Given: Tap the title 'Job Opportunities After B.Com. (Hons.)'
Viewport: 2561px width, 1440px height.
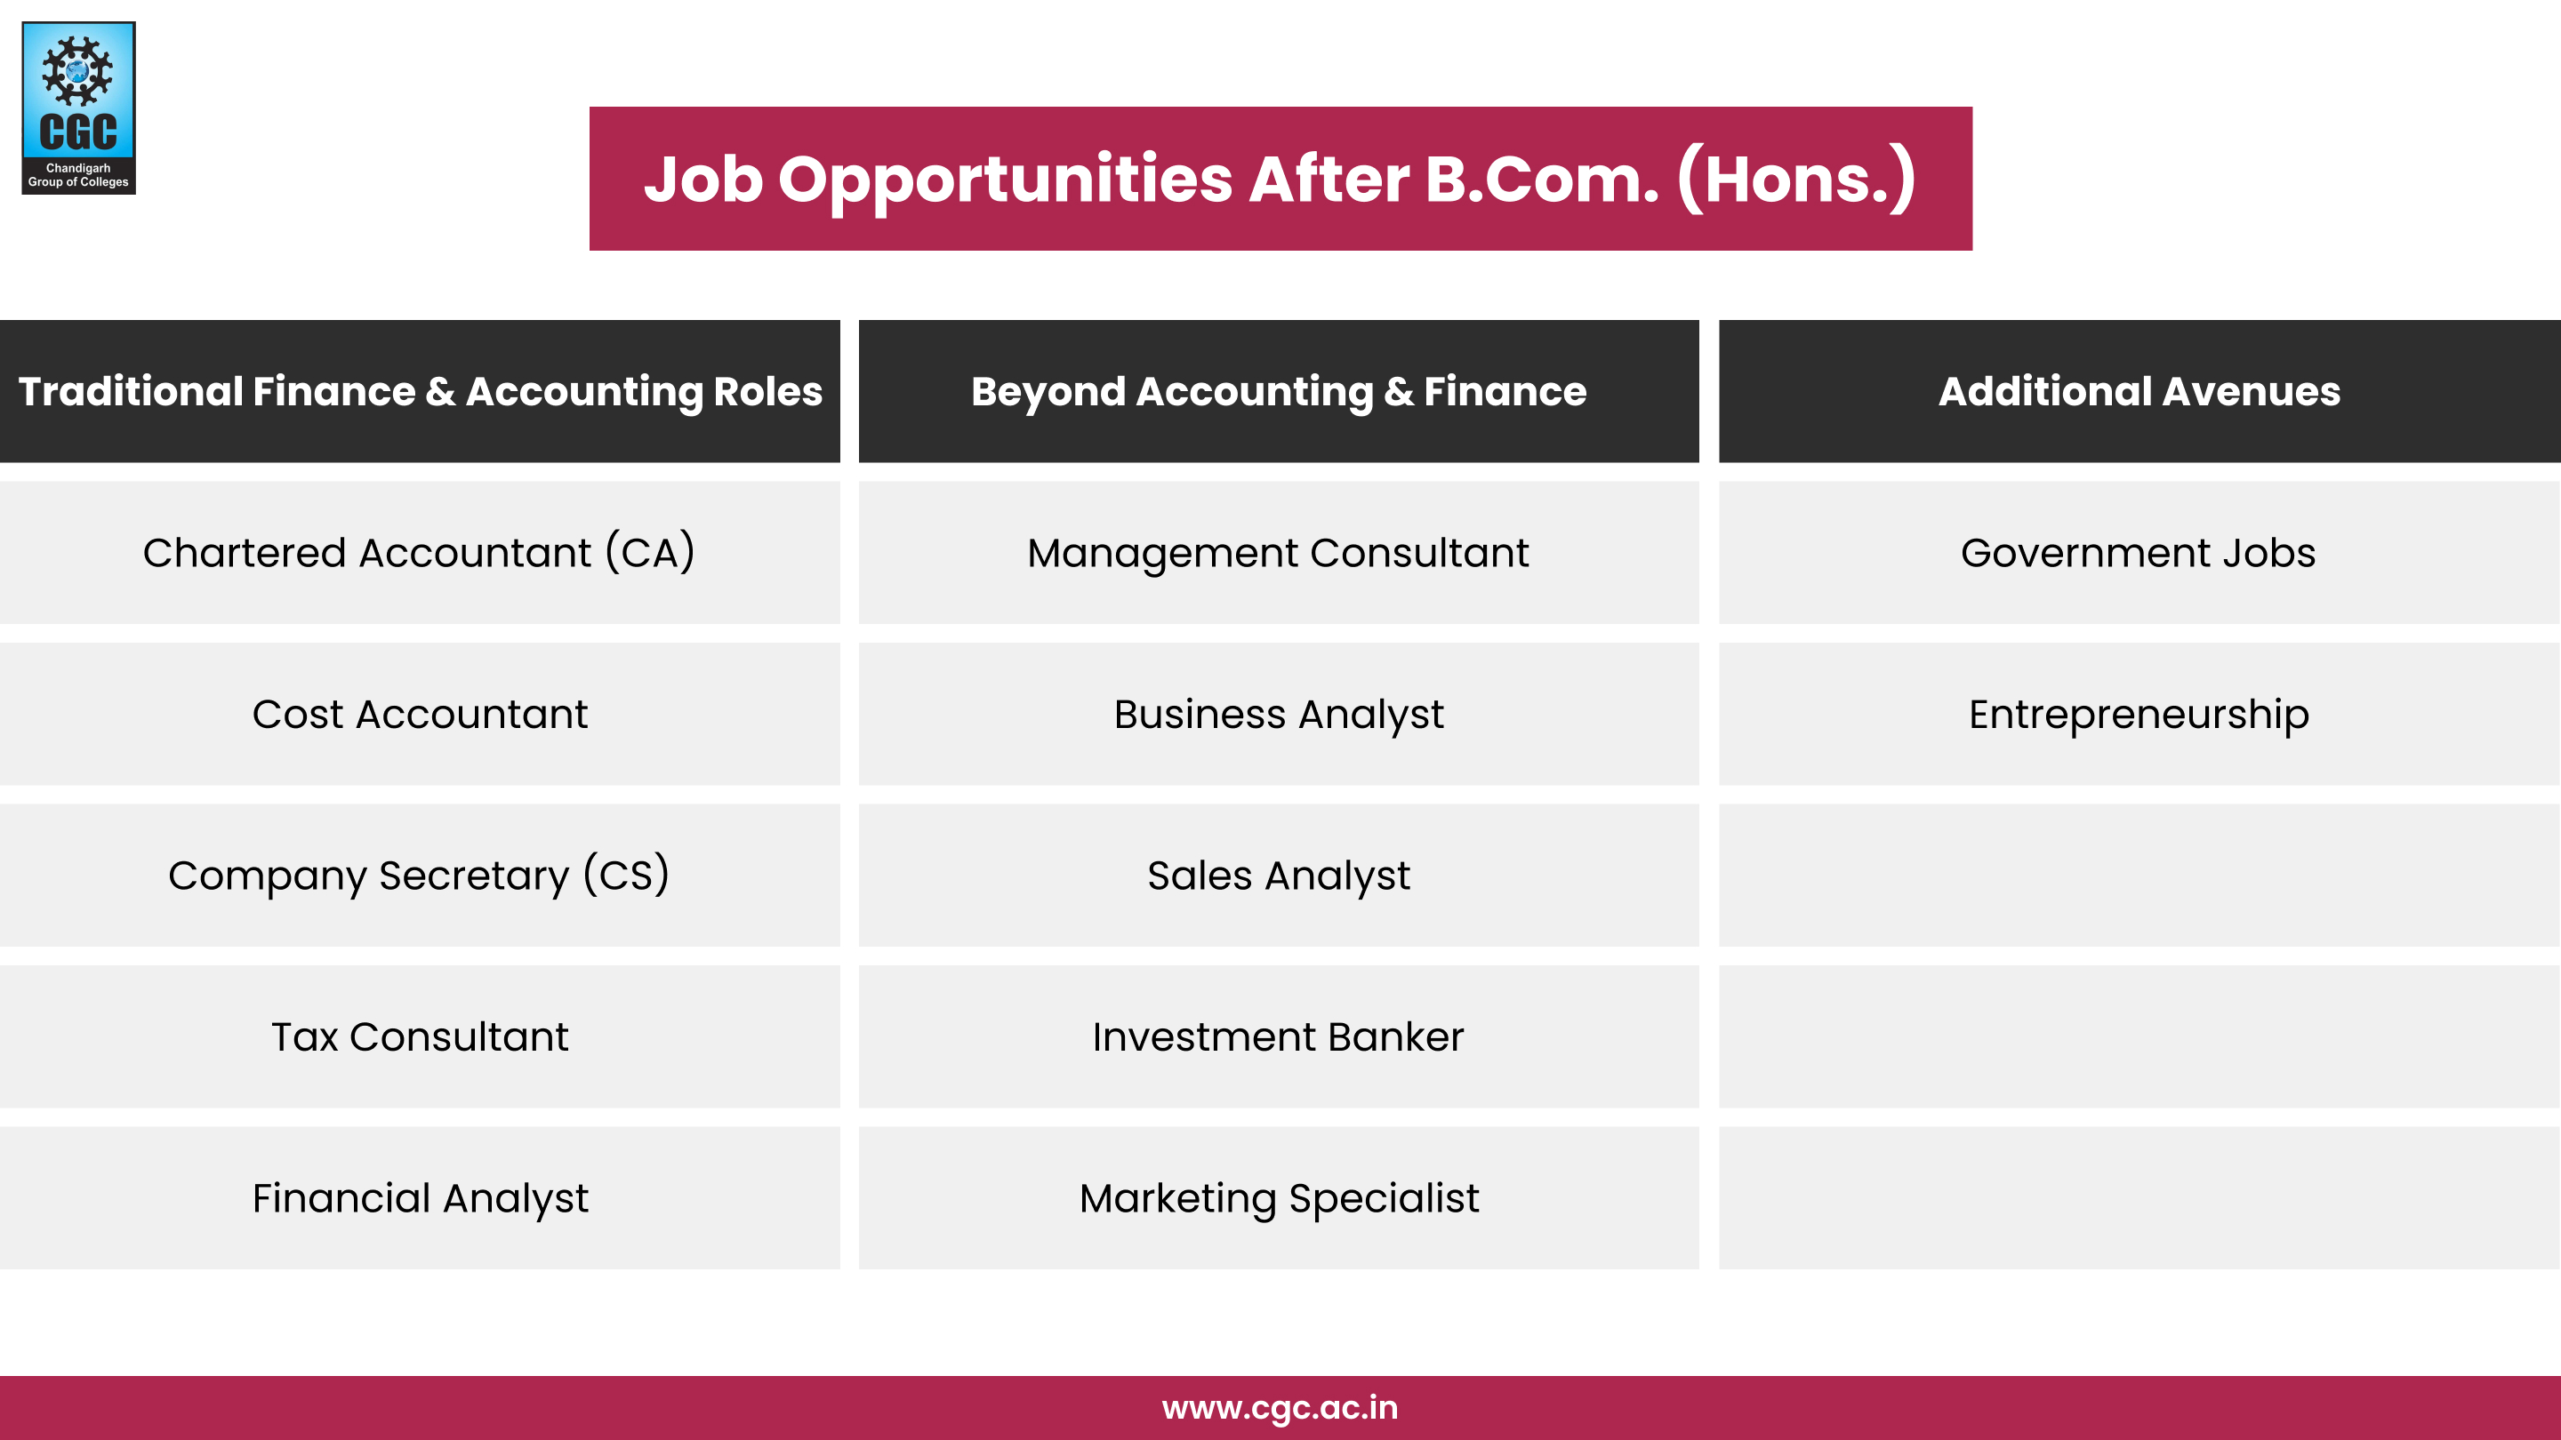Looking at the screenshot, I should coord(1280,179).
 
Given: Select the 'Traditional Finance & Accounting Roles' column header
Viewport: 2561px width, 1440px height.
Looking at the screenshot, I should coord(420,390).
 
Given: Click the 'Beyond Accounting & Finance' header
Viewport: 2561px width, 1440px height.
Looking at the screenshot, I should coord(1279,390).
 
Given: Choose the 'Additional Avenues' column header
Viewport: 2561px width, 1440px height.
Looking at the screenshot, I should coord(2139,390).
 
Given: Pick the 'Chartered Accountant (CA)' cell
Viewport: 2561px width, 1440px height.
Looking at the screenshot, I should coord(420,553).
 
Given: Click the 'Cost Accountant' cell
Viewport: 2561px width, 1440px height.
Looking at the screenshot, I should coord(420,714).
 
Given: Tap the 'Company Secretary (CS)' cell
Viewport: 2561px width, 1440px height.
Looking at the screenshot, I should coord(420,875).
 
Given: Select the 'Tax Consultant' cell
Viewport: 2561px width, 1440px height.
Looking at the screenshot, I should coord(420,1036).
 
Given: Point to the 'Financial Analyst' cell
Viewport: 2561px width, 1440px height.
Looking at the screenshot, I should coord(420,1197).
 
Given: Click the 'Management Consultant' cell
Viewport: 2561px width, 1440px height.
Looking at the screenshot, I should coord(1279,553).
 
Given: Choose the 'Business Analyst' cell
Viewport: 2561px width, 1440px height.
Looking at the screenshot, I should coord(1279,714).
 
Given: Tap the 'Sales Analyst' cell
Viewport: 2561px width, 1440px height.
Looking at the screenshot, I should coord(1279,875).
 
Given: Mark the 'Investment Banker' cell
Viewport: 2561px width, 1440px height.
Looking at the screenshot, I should coord(1279,1036).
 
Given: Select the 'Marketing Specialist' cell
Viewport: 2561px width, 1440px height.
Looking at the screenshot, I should coord(1279,1197).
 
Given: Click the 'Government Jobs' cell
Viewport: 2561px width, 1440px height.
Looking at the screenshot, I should coord(2139,553).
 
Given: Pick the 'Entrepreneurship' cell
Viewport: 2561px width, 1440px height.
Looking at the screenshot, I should coord(2139,714).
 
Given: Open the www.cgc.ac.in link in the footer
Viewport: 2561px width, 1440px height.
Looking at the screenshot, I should coord(1280,1407).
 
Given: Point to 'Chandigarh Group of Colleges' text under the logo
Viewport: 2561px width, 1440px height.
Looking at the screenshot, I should coord(77,175).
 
